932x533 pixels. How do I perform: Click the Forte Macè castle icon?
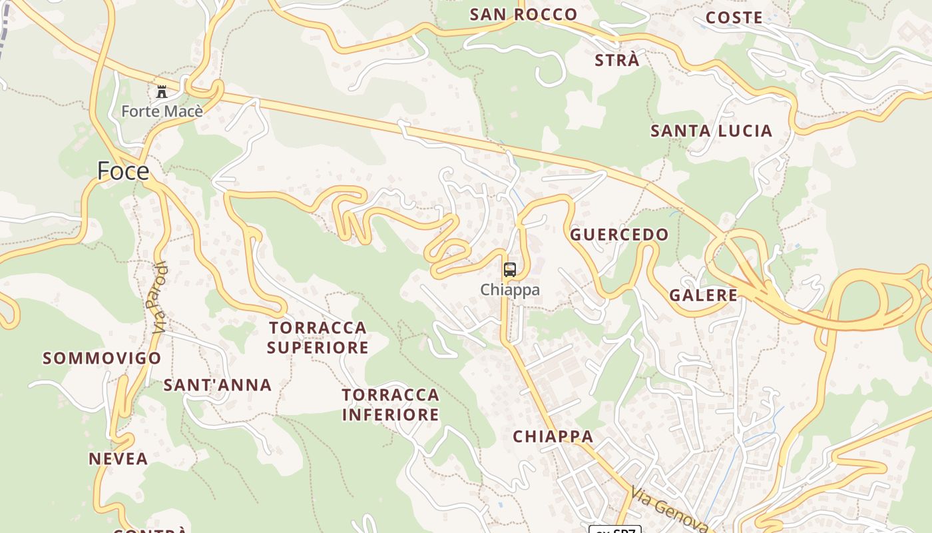pos(162,91)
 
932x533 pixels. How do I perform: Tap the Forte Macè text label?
pos(162,111)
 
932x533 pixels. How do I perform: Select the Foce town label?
pos(123,171)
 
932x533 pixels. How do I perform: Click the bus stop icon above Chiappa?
pos(509,270)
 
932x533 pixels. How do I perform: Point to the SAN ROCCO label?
pos(523,15)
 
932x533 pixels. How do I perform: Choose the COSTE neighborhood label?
pos(734,18)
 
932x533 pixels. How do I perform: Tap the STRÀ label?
pos(616,60)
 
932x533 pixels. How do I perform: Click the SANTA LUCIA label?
pos(711,131)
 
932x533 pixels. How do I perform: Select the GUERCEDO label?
pos(619,235)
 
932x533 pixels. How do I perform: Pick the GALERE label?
pos(703,295)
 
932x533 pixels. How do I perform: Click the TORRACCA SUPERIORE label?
pos(318,337)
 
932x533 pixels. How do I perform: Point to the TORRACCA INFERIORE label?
pos(391,404)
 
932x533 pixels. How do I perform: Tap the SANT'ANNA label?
pos(218,385)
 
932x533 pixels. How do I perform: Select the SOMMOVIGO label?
pos(102,358)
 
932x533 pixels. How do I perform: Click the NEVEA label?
pos(118,459)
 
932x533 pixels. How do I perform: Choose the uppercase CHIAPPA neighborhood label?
pos(553,436)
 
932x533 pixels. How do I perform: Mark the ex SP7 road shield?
pos(614,529)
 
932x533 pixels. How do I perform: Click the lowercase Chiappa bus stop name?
pos(510,290)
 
